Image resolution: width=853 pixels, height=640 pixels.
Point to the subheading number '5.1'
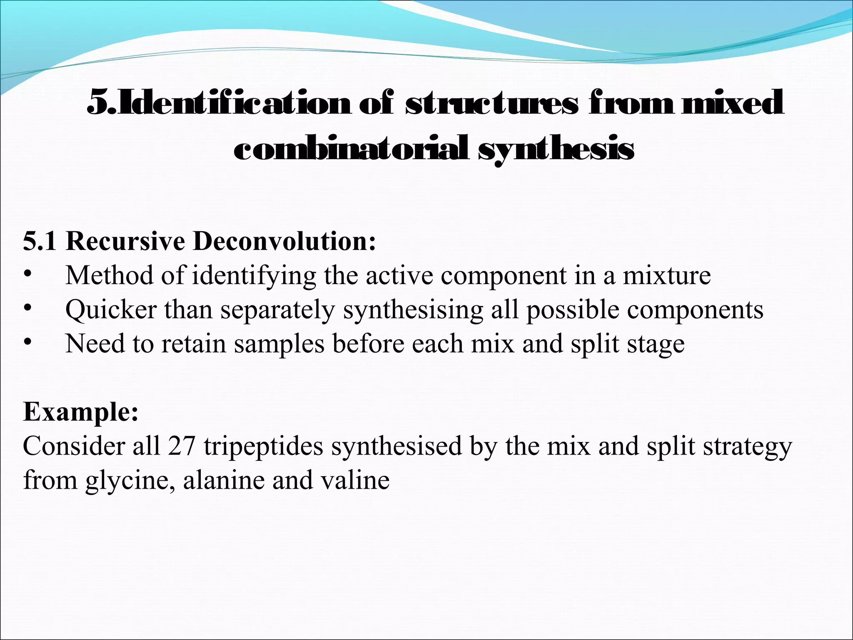[40, 241]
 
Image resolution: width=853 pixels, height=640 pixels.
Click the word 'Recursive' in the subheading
[125, 241]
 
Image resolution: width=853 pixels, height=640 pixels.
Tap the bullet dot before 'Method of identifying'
[27, 275]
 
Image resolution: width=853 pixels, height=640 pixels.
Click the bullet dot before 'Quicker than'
[27, 309]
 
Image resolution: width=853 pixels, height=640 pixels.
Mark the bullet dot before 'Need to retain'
[27, 343]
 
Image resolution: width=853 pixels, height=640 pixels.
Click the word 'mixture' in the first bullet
[666, 275]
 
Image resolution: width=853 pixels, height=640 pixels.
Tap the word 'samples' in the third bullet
[279, 344]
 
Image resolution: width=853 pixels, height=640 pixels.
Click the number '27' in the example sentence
[182, 446]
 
